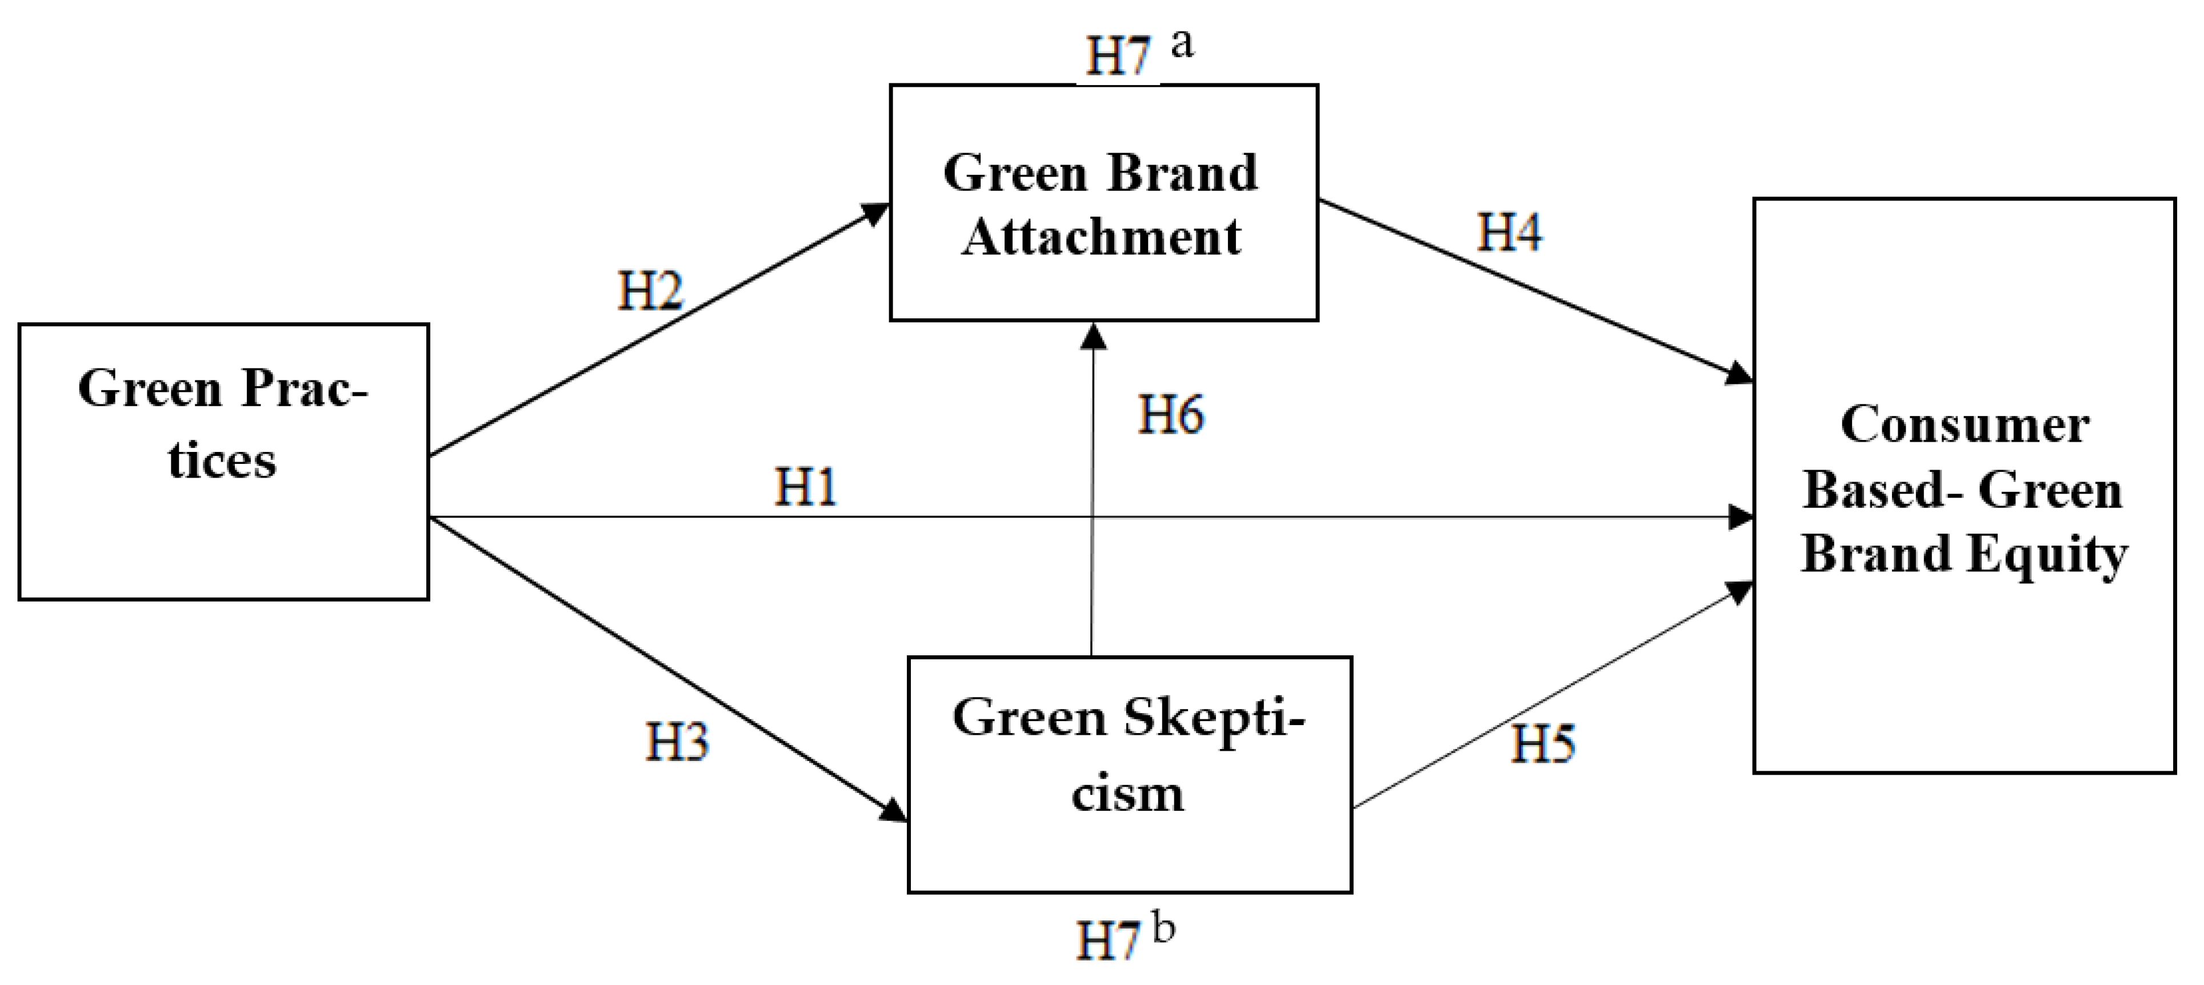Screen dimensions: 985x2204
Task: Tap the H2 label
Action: [650, 290]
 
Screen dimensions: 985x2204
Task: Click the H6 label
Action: [1170, 414]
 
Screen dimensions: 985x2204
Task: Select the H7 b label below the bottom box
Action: [1123, 937]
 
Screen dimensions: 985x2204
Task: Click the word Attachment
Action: [1101, 237]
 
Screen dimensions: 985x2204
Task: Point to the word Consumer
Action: [1965, 425]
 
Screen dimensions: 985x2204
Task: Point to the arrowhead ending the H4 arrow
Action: [1740, 375]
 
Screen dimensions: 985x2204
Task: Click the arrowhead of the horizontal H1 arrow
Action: [1741, 517]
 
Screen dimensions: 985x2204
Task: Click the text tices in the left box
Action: [222, 461]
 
